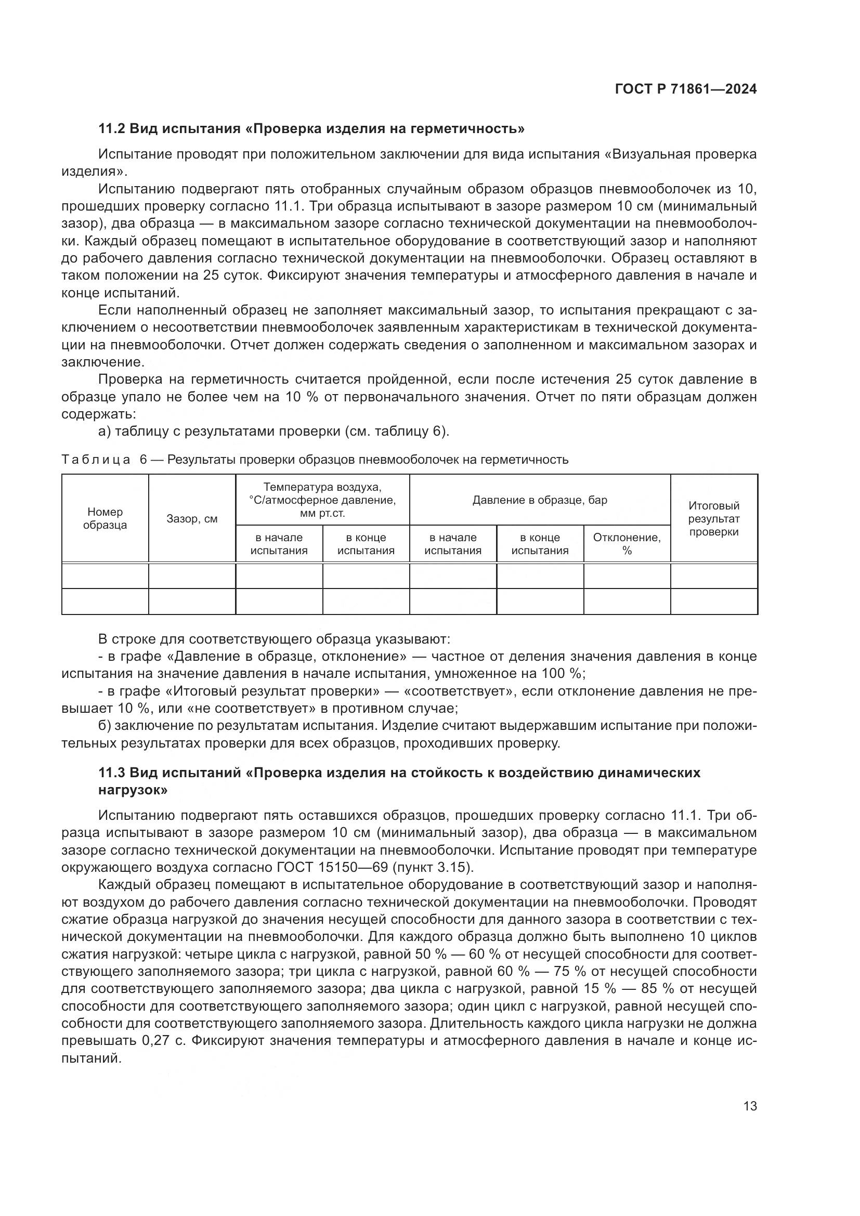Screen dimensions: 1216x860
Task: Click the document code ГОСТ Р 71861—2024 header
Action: click(686, 89)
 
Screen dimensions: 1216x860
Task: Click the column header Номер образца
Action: click(105, 518)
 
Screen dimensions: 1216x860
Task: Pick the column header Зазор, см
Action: click(192, 519)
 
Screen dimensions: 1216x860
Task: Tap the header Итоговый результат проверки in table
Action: click(713, 518)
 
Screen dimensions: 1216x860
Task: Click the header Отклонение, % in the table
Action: click(627, 544)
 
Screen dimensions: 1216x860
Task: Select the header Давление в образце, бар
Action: click(540, 500)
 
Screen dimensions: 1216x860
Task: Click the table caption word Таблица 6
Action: click(101, 460)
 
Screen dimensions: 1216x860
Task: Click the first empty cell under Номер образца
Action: click(105, 576)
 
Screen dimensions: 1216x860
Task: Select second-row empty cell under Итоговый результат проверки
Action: click(713, 602)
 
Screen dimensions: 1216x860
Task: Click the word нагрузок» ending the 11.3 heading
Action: click(134, 790)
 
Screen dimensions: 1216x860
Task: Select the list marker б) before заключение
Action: click(105, 726)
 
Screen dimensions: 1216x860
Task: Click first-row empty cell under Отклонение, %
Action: click(627, 576)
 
